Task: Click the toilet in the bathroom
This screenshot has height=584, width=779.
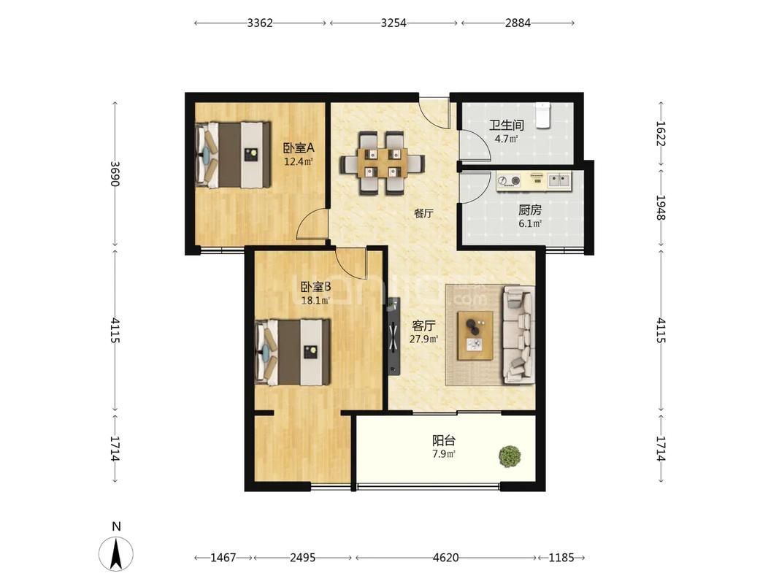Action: click(x=543, y=115)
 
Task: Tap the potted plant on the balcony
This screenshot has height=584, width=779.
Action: click(x=510, y=456)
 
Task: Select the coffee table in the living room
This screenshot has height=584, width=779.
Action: click(x=475, y=335)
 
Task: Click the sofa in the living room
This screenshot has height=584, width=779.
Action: click(x=518, y=335)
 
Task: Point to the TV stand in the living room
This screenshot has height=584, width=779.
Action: click(x=394, y=336)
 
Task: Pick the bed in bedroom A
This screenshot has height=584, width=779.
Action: click(x=233, y=155)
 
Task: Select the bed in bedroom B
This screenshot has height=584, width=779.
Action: click(x=292, y=352)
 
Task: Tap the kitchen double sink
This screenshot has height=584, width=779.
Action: click(x=559, y=180)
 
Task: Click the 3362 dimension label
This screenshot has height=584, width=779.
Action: click(x=260, y=23)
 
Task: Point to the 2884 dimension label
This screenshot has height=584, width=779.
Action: click(x=518, y=23)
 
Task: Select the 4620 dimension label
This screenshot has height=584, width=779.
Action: click(x=445, y=558)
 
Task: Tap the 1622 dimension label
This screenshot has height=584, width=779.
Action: click(x=661, y=134)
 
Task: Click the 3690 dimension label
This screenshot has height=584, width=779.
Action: click(x=115, y=173)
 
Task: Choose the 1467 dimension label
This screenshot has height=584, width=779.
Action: click(x=223, y=558)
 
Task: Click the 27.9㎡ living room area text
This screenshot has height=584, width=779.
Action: click(x=423, y=339)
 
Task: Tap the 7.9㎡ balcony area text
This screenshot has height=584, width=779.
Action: click(x=444, y=454)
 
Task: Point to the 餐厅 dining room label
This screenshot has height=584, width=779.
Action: click(x=423, y=214)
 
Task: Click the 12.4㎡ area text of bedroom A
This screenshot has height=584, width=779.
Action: click(x=298, y=161)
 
